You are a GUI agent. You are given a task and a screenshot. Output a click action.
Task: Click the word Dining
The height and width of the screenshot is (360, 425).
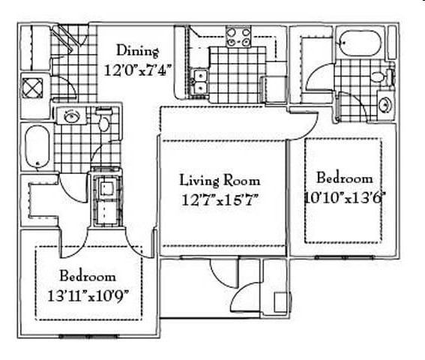click(x=137, y=51)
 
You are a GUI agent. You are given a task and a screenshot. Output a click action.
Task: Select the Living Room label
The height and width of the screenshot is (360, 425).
click(x=220, y=180)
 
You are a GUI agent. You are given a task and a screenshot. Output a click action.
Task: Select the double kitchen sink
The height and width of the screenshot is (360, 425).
click(x=199, y=81)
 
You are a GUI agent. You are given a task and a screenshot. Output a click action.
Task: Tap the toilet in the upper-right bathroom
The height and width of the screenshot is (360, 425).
click(x=377, y=76)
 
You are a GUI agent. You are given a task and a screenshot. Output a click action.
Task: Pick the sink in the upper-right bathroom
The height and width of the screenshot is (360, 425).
click(x=385, y=103)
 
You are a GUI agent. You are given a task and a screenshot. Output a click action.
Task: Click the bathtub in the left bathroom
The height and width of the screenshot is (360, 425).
click(x=37, y=146)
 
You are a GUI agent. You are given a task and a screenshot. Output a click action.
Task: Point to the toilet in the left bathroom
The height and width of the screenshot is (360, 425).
click(x=104, y=121)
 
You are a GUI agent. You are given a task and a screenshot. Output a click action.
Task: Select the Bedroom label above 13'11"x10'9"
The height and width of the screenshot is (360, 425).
click(x=88, y=275)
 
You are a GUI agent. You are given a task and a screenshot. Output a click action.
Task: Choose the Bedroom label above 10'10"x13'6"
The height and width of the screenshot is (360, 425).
click(x=344, y=178)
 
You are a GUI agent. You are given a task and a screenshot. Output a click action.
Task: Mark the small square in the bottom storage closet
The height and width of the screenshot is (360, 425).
click(x=280, y=301)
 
